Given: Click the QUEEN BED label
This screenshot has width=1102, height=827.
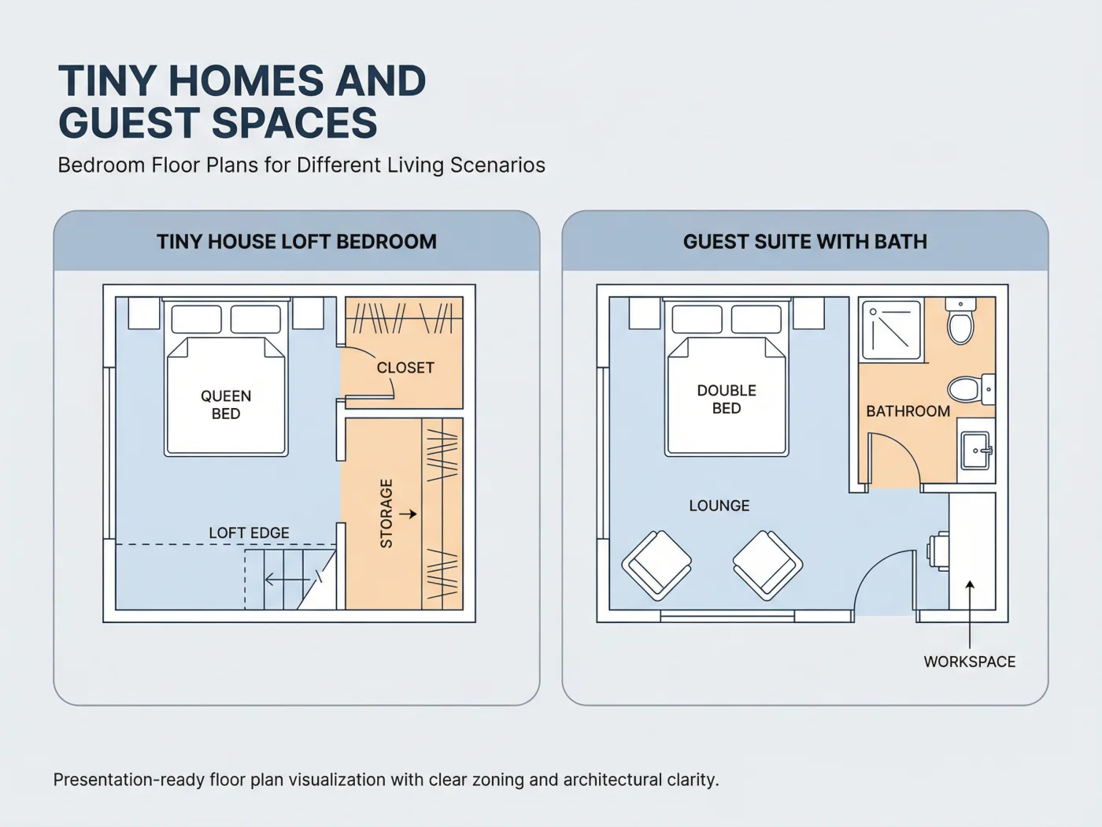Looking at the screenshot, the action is [x=226, y=405].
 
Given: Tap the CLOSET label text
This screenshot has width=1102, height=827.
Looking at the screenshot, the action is [x=405, y=368].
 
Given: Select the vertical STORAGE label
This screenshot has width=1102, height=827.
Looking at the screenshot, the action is [x=386, y=514].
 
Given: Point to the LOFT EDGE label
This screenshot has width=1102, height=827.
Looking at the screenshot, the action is [x=249, y=532].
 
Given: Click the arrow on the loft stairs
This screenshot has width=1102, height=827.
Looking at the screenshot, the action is [x=287, y=580].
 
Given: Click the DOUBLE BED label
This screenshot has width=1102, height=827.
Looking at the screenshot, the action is [x=727, y=399].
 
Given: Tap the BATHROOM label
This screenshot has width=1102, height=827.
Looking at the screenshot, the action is [x=908, y=411].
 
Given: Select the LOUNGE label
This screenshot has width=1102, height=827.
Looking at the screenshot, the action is [x=719, y=505].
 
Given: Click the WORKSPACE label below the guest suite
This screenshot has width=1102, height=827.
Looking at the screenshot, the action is [x=970, y=662].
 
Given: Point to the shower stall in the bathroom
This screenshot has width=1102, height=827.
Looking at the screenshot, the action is [x=891, y=330].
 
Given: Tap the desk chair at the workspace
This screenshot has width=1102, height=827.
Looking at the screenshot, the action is [x=938, y=551].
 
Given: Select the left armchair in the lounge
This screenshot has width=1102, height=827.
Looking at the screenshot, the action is [x=656, y=566].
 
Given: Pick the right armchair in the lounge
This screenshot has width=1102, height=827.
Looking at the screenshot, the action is [x=767, y=566].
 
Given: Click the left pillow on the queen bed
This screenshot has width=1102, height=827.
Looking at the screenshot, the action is [x=196, y=319].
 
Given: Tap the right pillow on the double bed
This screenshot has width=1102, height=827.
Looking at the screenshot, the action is [x=756, y=319].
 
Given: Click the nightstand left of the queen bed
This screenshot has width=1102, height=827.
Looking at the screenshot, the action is [x=144, y=313].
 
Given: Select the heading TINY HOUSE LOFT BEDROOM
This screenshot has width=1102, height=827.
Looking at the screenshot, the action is [x=297, y=242].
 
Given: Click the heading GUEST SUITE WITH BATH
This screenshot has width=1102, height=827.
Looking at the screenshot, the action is [x=804, y=242].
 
